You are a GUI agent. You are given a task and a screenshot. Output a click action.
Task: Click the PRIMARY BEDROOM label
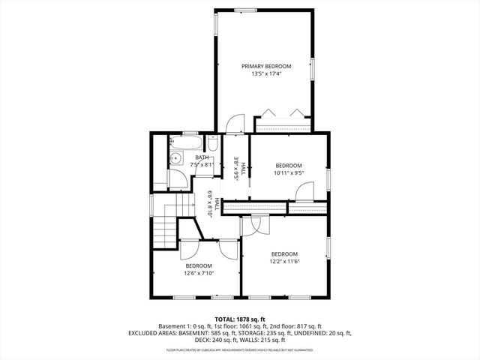(265, 67)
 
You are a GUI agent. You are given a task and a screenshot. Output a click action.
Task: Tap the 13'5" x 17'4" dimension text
(265, 74)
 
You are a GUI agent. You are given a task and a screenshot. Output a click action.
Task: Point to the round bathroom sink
(176, 157)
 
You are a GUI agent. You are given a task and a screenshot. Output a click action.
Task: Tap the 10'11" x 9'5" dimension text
(288, 172)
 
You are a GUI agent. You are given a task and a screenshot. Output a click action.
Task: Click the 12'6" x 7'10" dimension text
(199, 273)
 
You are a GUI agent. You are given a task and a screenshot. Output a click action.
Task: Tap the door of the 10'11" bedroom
(304, 193)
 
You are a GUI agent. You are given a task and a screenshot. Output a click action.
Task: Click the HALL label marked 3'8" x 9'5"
(237, 169)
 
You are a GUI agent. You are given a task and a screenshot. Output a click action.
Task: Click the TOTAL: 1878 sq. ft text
(239, 319)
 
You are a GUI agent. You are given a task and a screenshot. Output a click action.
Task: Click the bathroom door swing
(180, 178)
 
